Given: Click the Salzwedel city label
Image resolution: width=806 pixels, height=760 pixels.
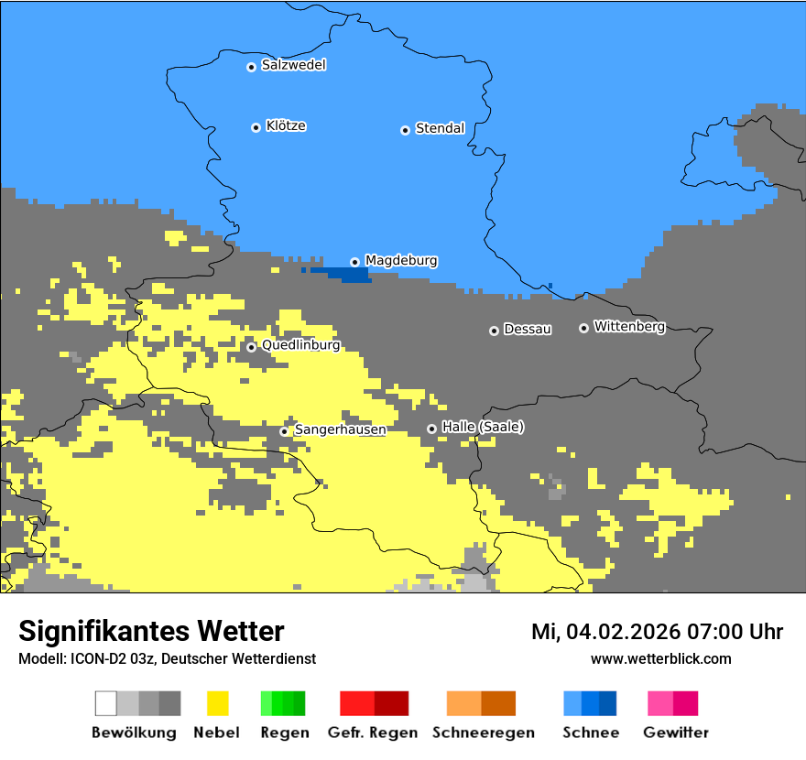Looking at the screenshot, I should [x=293, y=65].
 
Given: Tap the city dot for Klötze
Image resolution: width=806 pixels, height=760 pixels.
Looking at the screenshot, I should [x=256, y=127].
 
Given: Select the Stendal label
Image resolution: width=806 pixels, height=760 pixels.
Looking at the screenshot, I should [x=440, y=129].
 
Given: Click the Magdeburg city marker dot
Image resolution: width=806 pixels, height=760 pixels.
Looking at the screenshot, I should [x=354, y=262].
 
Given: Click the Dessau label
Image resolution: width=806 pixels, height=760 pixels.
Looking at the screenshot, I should [x=528, y=330].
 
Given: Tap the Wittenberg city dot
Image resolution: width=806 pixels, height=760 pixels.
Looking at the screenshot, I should [x=583, y=328].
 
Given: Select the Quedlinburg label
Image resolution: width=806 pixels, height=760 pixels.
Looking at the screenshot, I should [x=300, y=346].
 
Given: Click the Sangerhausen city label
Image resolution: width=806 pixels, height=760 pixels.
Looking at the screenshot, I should [x=340, y=429].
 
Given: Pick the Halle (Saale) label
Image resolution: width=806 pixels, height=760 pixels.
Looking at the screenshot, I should [x=483, y=427].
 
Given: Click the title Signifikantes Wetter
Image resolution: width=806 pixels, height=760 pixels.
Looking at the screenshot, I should [x=151, y=631].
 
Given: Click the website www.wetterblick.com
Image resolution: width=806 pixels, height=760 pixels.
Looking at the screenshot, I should [x=660, y=658].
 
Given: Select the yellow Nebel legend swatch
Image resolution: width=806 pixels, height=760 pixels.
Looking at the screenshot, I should [x=217, y=703].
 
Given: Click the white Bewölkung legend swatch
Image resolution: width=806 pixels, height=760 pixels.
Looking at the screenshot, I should [x=106, y=703].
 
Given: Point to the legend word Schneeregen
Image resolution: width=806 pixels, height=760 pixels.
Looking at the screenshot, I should [x=484, y=733].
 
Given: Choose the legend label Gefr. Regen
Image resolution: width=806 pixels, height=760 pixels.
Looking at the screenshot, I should [x=374, y=733].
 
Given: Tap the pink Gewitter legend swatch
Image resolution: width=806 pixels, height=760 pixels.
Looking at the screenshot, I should [x=660, y=703].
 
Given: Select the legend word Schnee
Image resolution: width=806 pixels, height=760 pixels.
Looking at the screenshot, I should [x=590, y=733].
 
